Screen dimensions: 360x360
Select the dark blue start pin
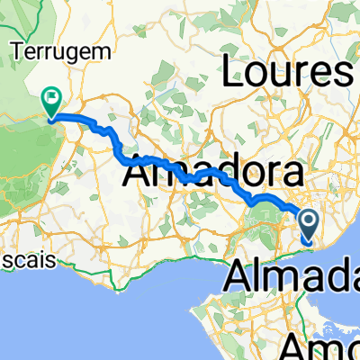[x=307, y=225]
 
